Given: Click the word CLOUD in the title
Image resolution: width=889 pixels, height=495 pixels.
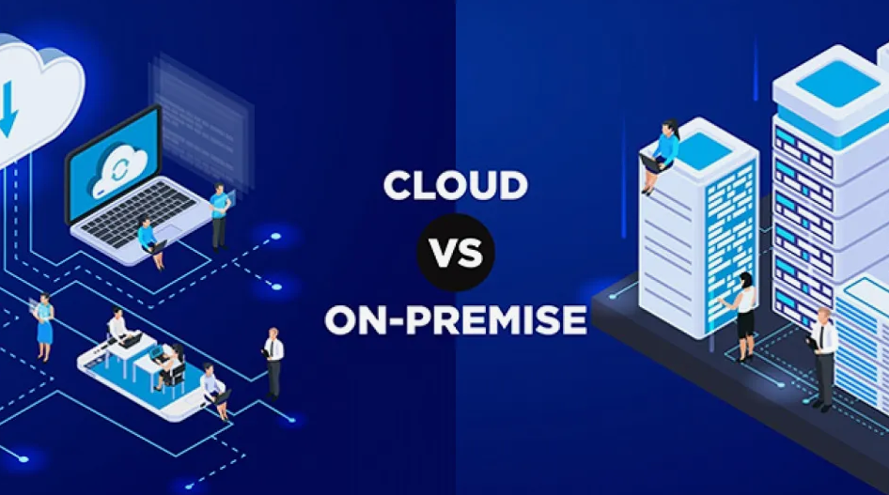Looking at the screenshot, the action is tap(455, 185).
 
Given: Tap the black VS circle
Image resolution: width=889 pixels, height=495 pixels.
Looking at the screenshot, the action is tap(456, 253).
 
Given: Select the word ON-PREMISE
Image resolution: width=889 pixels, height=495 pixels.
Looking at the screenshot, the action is tap(455, 320).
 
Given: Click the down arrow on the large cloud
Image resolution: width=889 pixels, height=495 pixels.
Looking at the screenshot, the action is tap(8, 108).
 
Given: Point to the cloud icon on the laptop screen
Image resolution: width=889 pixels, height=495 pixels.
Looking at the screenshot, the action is tap(119, 170).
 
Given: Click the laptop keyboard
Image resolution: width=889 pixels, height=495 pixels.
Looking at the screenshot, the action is tap(138, 212).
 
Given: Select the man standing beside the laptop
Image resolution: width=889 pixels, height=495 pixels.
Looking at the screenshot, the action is tap(220, 216).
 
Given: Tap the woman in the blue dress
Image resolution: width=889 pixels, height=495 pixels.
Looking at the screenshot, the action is tap(43, 326).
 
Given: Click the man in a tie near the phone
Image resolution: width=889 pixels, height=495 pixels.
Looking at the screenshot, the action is tap(273, 364).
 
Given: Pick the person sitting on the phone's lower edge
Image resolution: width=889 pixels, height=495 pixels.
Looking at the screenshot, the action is tap(214, 391).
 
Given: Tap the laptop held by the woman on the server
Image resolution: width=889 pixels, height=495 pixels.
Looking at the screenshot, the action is tap(652, 162).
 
